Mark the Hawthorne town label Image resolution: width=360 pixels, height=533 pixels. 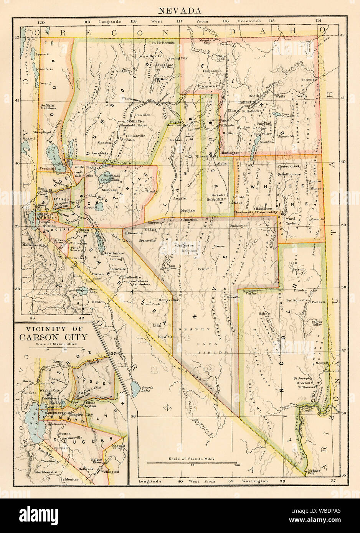pos(112,253)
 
